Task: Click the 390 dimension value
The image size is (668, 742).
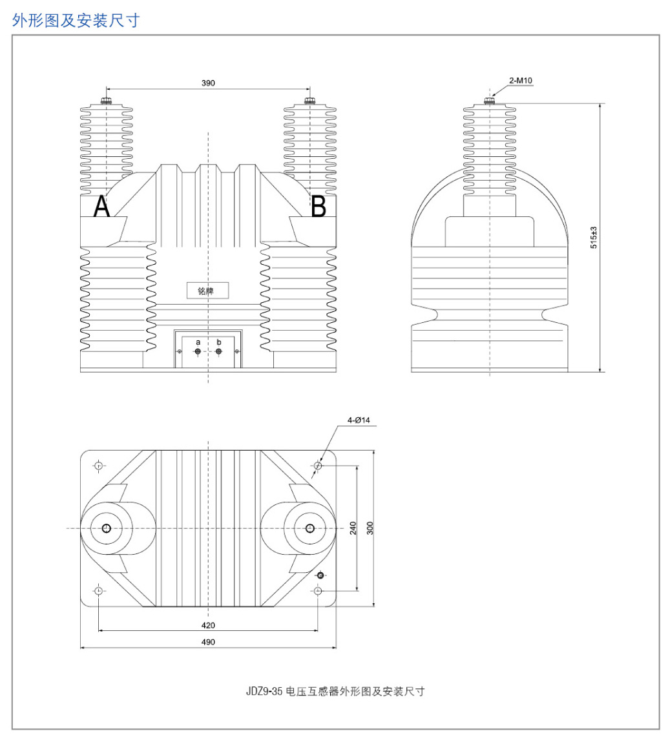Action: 208,83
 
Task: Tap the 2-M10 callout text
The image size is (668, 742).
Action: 520,81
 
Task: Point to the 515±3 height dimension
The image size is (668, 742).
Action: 594,238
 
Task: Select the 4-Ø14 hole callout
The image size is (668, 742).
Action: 359,420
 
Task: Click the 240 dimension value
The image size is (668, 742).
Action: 353,528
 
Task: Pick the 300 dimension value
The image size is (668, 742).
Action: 370,528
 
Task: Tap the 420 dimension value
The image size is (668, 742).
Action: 208,626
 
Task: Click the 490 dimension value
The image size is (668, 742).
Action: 208,642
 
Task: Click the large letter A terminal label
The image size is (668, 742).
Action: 102,206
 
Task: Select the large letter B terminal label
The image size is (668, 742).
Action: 318,206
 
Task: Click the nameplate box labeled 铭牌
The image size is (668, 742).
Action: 207,291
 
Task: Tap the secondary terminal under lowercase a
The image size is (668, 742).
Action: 198,351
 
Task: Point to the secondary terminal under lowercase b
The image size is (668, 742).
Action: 218,351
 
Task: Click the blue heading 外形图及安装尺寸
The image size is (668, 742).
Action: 76,21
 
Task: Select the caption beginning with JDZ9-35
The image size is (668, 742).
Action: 335,692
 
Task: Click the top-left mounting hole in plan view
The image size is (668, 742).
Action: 99,466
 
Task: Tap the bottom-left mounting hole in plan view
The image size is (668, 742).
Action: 99,591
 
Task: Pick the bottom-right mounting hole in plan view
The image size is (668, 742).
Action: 318,591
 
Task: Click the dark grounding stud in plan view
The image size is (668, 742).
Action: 320,575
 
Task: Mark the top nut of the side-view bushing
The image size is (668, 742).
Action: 490,100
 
